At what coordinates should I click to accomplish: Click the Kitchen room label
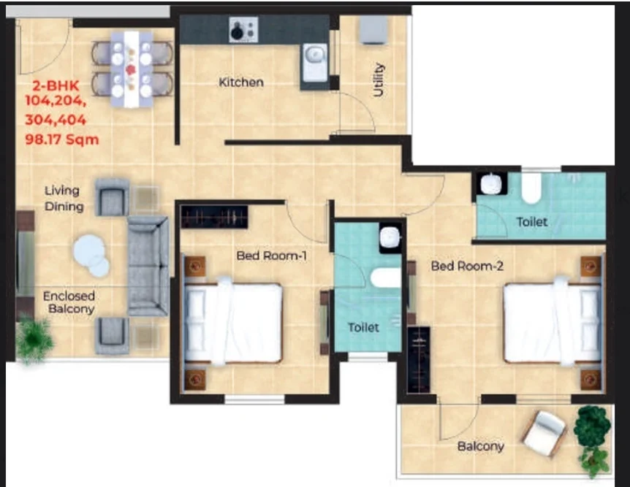tap(241, 83)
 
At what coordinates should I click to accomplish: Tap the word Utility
tap(378, 80)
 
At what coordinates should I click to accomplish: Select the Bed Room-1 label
tap(272, 256)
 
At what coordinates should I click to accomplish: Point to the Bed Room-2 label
tap(467, 266)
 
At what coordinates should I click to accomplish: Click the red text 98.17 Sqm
tap(62, 139)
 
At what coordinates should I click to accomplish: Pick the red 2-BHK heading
tap(56, 85)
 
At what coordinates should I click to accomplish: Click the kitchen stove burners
tap(243, 29)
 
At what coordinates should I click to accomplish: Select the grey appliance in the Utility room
tap(373, 29)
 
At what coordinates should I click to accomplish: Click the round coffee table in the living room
tap(91, 256)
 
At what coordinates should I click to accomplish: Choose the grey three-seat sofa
tap(148, 266)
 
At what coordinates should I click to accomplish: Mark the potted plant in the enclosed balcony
tap(34, 340)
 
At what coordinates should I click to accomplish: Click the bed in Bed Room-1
tap(232, 322)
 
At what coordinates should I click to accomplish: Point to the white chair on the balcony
tap(544, 433)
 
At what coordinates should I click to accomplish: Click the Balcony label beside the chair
tap(480, 446)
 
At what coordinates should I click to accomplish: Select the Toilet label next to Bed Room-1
tap(363, 328)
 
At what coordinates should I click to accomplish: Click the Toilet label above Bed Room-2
tap(531, 222)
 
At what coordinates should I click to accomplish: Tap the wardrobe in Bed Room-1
tap(214, 217)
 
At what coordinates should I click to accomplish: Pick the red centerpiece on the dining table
tap(131, 69)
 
